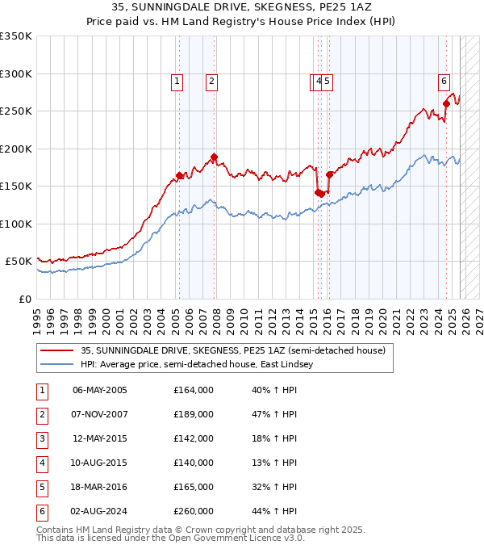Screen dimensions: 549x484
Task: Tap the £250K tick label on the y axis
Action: pos(16,111)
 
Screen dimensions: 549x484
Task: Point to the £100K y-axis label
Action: pos(16,224)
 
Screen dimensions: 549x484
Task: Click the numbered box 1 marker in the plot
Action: pos(177,81)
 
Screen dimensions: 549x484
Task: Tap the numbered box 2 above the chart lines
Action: pos(211,81)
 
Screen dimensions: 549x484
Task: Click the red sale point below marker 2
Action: pos(214,157)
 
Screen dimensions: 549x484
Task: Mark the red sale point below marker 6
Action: pos(446,103)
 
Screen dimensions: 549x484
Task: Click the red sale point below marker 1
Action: pos(179,175)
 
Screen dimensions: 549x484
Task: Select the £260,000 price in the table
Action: pos(194,511)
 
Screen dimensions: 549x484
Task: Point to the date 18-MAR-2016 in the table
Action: pos(99,487)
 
